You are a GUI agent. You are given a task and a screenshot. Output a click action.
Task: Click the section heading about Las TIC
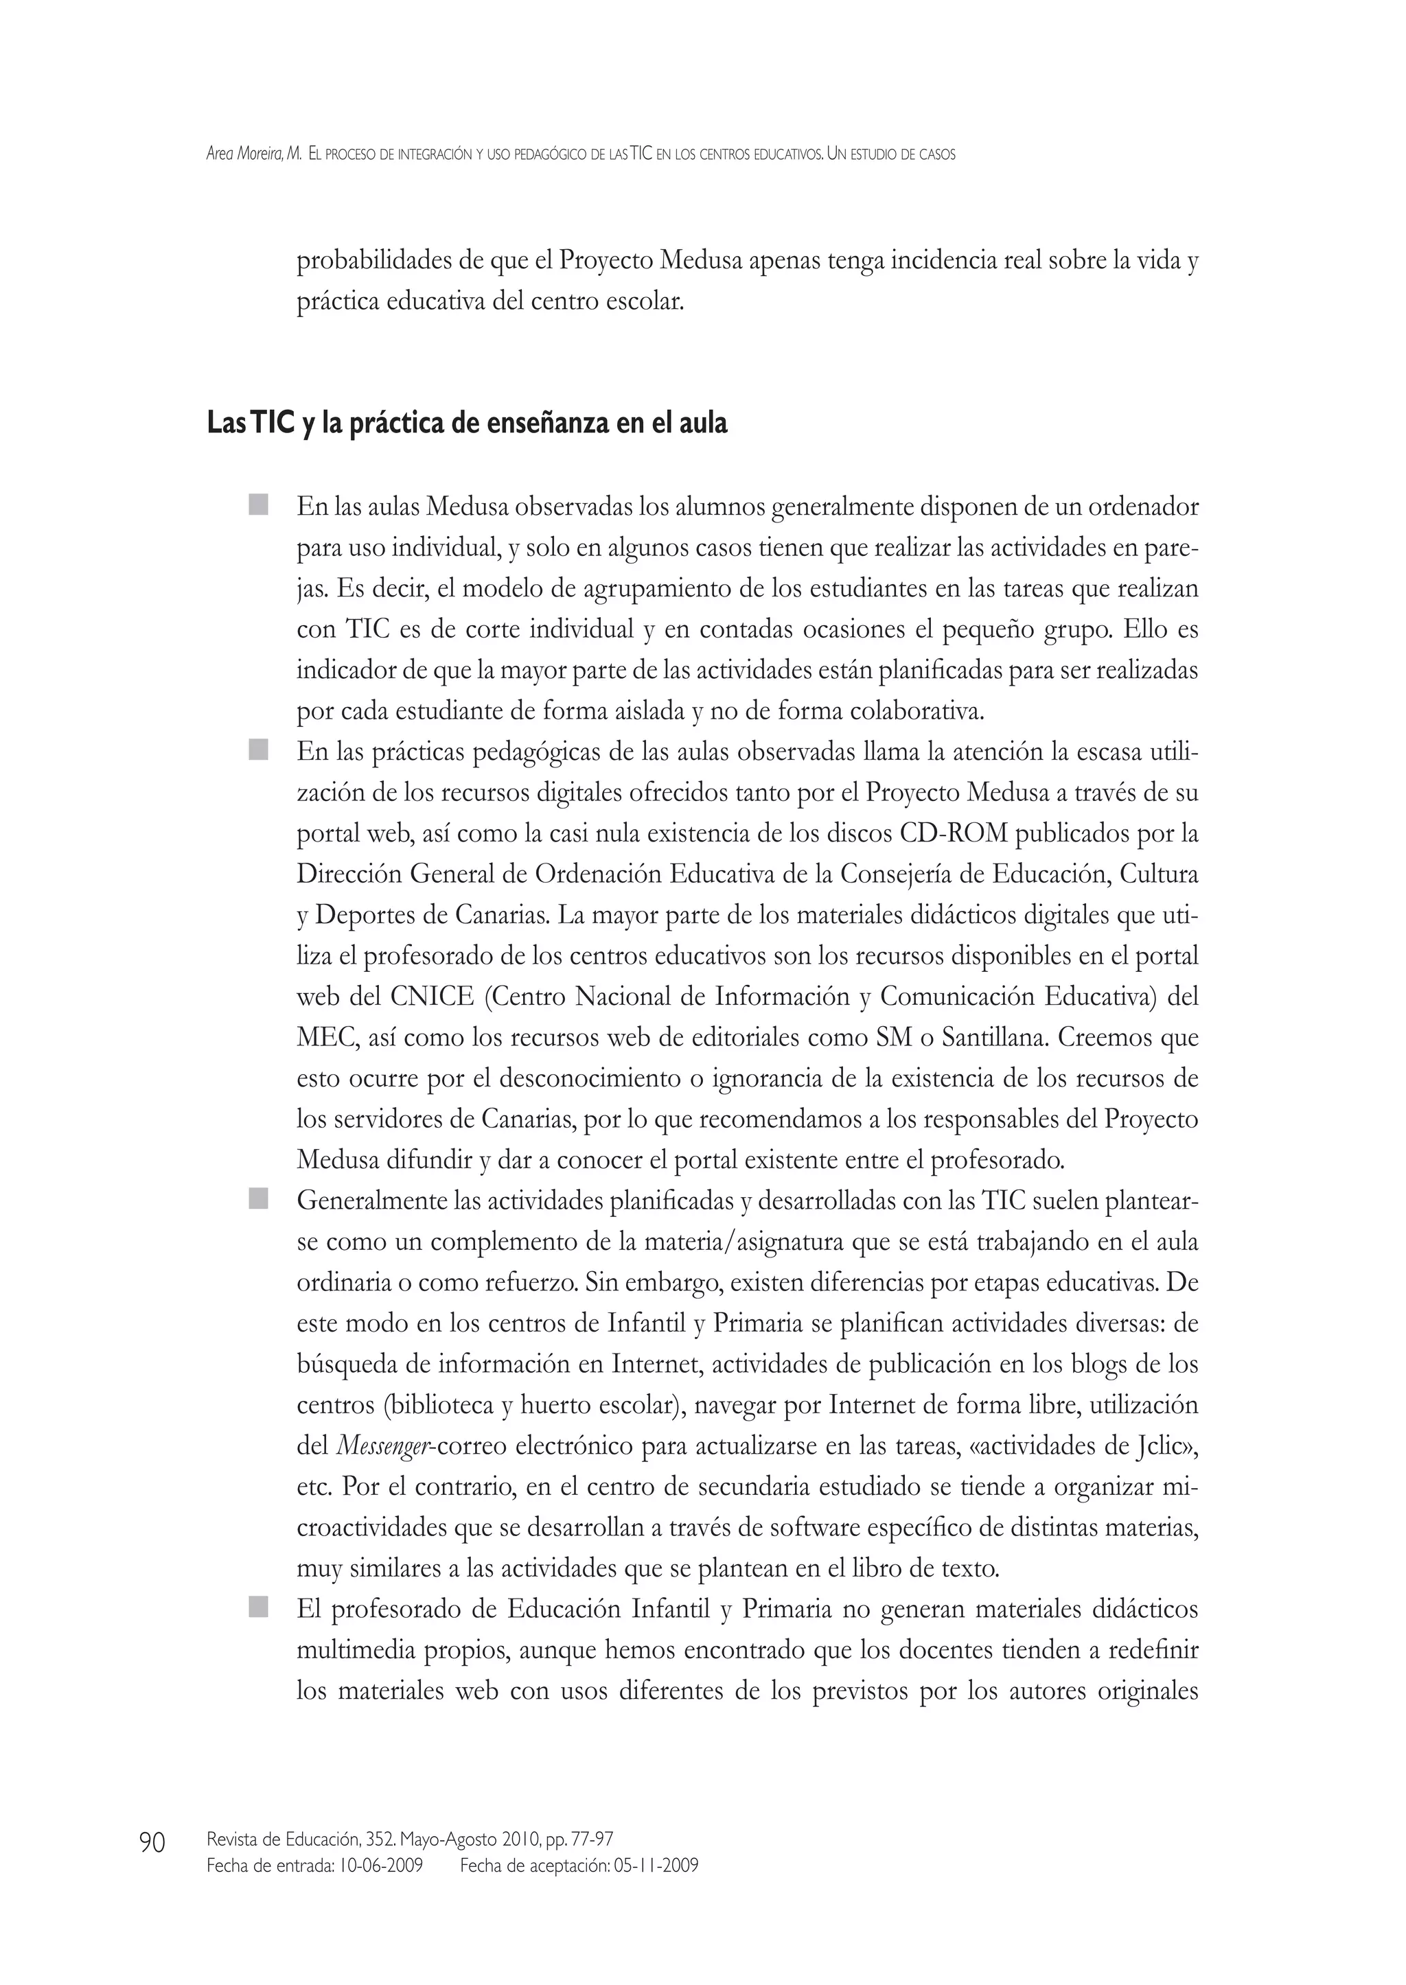pyautogui.click(x=467, y=424)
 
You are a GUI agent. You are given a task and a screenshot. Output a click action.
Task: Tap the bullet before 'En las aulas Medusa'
pyautogui.click(x=258, y=504)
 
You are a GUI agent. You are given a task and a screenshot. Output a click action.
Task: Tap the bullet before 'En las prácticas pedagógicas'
pyautogui.click(x=258, y=750)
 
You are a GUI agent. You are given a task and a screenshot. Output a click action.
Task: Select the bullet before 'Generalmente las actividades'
pyautogui.click(x=258, y=1199)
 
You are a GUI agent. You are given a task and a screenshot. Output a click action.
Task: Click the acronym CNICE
pyautogui.click(x=432, y=997)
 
